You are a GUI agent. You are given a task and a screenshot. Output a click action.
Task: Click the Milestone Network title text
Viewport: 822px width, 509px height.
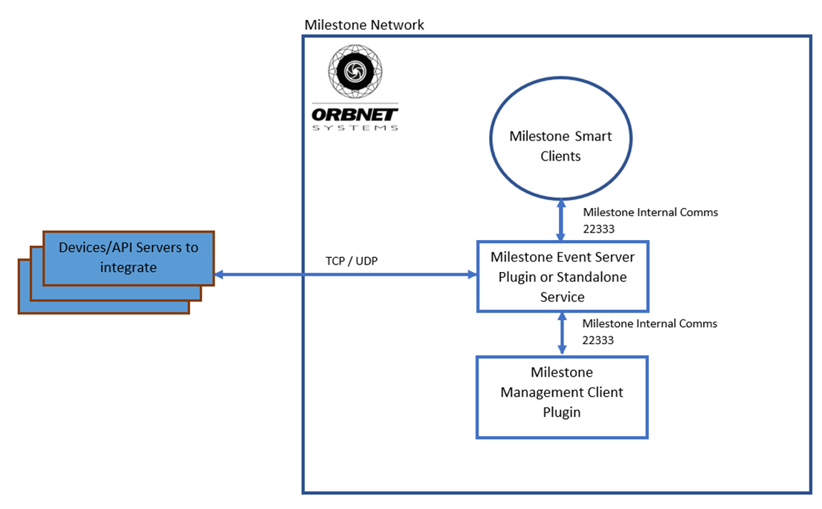pos(364,25)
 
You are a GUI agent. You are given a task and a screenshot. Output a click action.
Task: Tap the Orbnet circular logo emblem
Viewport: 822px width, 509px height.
pos(355,72)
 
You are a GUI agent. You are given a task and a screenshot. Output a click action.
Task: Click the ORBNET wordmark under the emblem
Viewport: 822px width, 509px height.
pos(355,114)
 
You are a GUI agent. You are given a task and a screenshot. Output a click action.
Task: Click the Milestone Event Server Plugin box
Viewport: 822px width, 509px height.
pos(562,276)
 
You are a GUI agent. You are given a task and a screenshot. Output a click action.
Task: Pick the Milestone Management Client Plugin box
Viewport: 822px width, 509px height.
pos(562,397)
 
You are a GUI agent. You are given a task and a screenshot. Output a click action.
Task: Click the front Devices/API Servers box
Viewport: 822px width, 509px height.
pos(129,257)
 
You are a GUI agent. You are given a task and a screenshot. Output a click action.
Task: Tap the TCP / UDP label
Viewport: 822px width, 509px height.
pos(350,262)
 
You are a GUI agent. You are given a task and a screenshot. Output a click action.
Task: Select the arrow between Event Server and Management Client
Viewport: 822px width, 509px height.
pos(562,334)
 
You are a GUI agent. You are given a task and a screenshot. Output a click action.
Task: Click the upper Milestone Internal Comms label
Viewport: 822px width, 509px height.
pos(650,213)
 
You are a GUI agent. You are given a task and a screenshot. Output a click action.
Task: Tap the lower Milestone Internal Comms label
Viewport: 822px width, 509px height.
pos(650,324)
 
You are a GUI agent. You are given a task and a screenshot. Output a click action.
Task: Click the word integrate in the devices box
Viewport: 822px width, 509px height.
pos(129,267)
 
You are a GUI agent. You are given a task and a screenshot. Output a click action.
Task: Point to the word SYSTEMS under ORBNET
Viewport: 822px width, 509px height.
pos(355,127)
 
